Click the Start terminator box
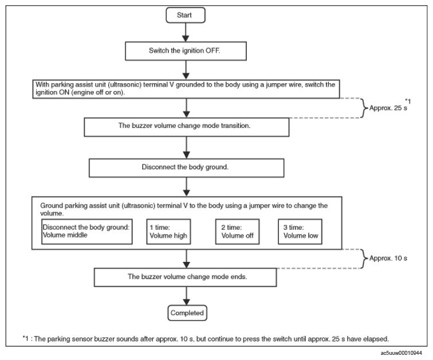tap(186, 15)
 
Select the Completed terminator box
tap(187, 313)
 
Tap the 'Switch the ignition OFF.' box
tap(186, 51)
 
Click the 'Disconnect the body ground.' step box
tap(186, 168)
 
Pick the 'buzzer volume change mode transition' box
tap(186, 127)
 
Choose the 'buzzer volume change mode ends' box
tap(186, 277)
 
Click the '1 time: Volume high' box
tap(168, 232)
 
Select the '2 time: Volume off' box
tap(237, 232)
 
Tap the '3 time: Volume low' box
tap(300, 232)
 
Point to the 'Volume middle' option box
tap(86, 232)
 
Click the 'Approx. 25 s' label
tap(388, 108)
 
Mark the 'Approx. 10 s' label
tap(388, 259)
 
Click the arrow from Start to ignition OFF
tap(186, 32)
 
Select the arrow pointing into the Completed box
tap(186, 296)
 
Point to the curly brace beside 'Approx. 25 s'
tap(364, 108)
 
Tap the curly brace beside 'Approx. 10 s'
tap(364, 259)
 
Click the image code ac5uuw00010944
tap(401, 353)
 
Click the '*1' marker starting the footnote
tap(25, 338)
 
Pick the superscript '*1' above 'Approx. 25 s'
tap(408, 101)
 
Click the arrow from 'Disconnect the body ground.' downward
tap(186, 187)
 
